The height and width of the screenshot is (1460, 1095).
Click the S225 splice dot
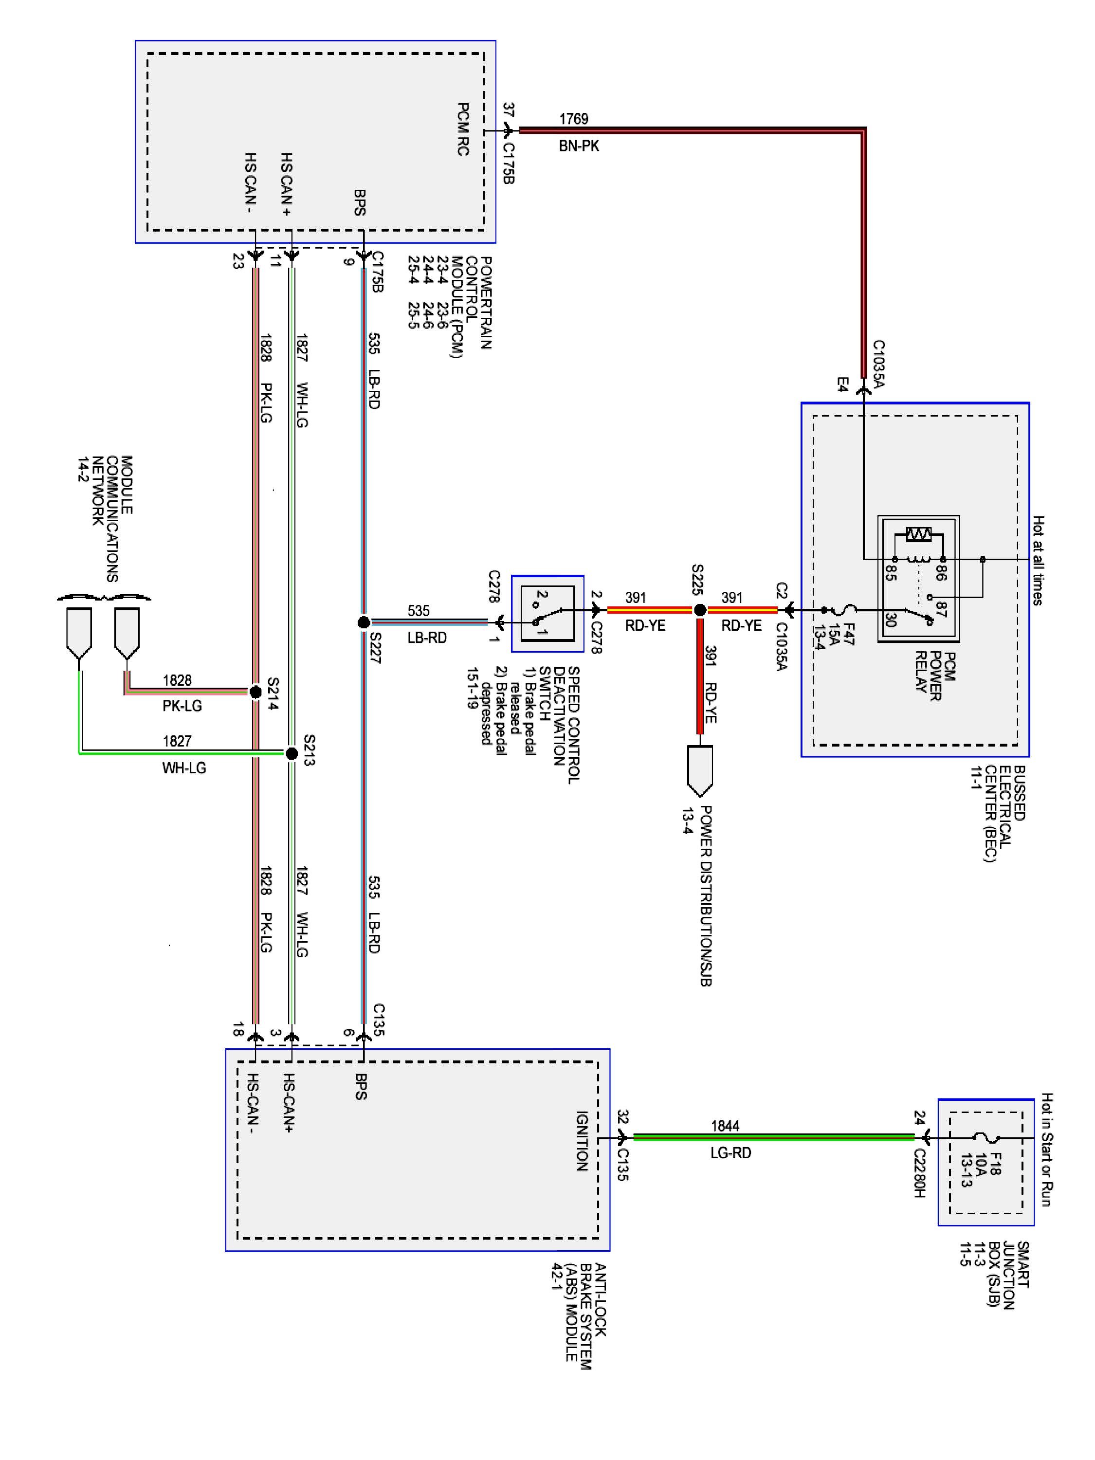click(x=700, y=610)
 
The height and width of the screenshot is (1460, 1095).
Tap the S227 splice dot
click(x=364, y=622)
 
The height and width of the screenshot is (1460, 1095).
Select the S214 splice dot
click(x=255, y=692)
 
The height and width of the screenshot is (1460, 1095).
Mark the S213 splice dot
click(x=291, y=753)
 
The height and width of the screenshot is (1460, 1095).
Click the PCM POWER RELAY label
click(x=934, y=676)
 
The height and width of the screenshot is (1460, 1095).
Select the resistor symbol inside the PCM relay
click(x=918, y=533)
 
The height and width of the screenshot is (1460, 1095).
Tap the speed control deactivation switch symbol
click(x=547, y=613)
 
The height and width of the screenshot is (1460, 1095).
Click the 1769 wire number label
click(x=574, y=119)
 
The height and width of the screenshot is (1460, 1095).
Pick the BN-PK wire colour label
click(x=579, y=146)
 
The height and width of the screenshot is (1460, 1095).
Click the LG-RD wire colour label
click(x=730, y=1153)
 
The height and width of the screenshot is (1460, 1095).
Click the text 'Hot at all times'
click(x=1038, y=561)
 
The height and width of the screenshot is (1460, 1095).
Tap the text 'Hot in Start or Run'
click(x=1047, y=1149)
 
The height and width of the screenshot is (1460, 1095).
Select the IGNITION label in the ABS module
click(x=582, y=1141)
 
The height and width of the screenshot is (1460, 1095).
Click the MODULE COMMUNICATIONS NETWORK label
click(x=106, y=519)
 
